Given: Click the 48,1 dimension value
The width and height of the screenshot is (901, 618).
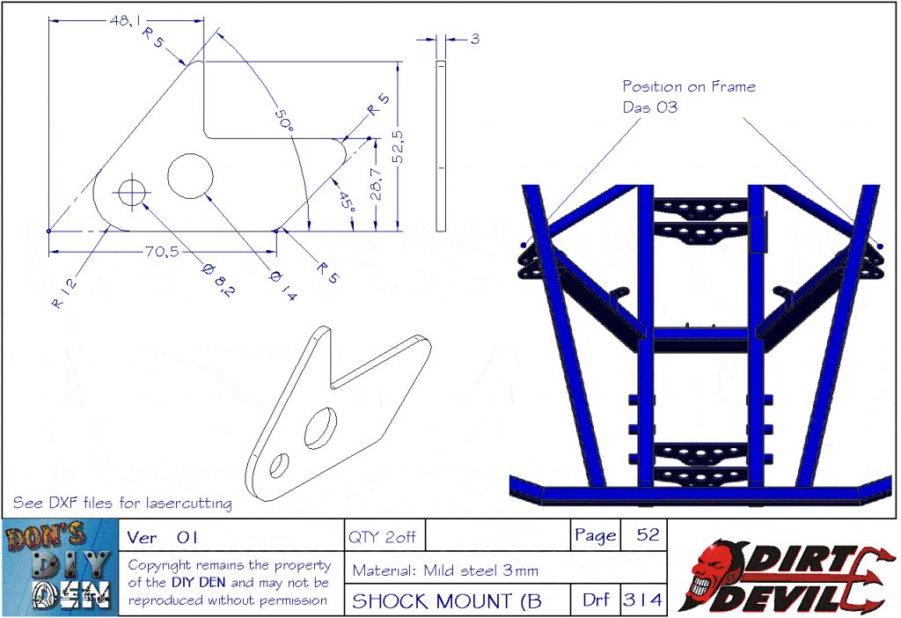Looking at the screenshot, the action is coord(125,21).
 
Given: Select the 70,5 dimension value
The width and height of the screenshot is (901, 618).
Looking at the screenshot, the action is coord(162,251).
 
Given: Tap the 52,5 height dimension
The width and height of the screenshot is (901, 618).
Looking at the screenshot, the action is coord(398,147).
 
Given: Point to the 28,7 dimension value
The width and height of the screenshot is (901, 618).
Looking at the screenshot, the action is coord(376,184).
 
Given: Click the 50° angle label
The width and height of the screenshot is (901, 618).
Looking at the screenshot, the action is coord(282,121).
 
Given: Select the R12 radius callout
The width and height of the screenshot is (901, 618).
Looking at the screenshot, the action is coord(63,293).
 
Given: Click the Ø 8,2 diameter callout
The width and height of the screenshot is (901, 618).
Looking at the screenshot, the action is coord(218,280).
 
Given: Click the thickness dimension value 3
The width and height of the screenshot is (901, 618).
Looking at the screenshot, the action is coord(474,39).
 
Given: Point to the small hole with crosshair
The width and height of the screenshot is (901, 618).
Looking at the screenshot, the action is coord(133,192).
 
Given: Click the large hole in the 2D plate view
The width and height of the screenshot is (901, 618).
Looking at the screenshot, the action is coord(190,176).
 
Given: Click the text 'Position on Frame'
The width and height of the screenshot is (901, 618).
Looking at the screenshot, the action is coord(689,87).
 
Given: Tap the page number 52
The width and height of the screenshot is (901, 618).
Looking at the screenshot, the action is coord(648,534).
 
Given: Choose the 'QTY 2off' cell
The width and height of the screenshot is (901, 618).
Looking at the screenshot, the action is coord(382,537).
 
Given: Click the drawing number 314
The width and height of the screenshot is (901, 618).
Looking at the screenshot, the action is coord(643,600).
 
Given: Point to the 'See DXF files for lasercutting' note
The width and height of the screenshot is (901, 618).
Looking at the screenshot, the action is coord(122,503).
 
